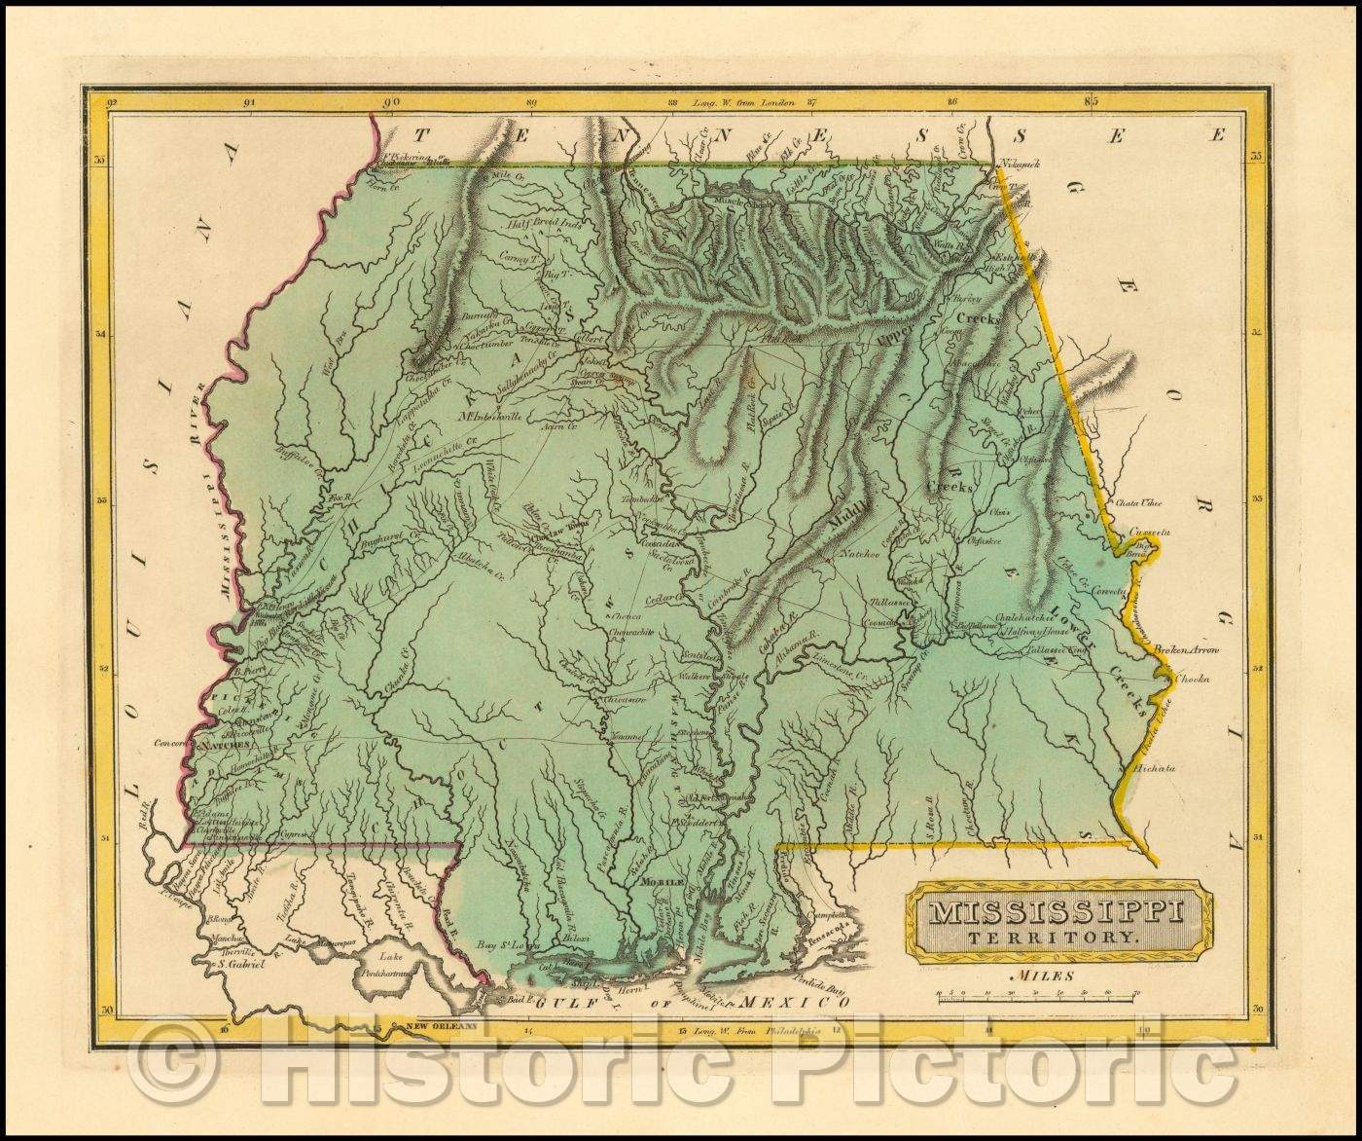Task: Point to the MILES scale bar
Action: (1037, 996)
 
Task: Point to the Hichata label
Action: (1156, 768)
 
